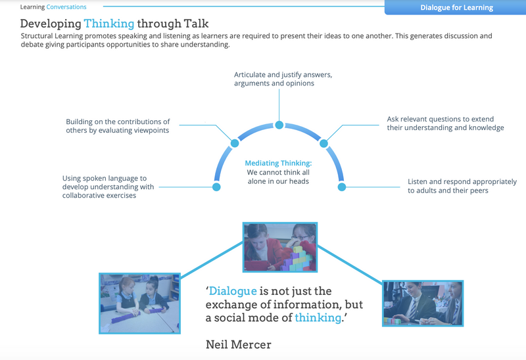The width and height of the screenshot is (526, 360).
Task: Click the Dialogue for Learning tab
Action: (x=456, y=8)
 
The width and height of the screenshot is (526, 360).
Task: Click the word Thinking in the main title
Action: (x=109, y=24)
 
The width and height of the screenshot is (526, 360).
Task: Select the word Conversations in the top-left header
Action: (x=66, y=7)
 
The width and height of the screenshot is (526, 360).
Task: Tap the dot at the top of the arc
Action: (x=279, y=125)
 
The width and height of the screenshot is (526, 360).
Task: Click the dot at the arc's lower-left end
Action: (x=216, y=187)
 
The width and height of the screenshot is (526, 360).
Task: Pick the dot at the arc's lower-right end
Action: (x=342, y=187)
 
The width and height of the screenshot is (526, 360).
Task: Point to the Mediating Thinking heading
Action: (x=278, y=163)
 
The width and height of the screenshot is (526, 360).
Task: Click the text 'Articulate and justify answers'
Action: (x=283, y=75)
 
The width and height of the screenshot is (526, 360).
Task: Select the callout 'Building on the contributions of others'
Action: (x=118, y=125)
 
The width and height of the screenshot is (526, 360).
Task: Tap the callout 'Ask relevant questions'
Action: (x=445, y=124)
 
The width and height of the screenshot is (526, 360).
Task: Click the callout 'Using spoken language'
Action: (x=108, y=187)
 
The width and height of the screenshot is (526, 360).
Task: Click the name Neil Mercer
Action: (x=238, y=344)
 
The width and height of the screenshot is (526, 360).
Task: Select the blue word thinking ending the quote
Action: (x=318, y=318)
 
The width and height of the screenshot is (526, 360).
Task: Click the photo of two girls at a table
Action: (x=139, y=302)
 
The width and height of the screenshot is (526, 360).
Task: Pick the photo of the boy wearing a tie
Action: (x=423, y=303)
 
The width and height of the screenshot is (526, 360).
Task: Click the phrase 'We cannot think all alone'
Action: (x=278, y=177)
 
